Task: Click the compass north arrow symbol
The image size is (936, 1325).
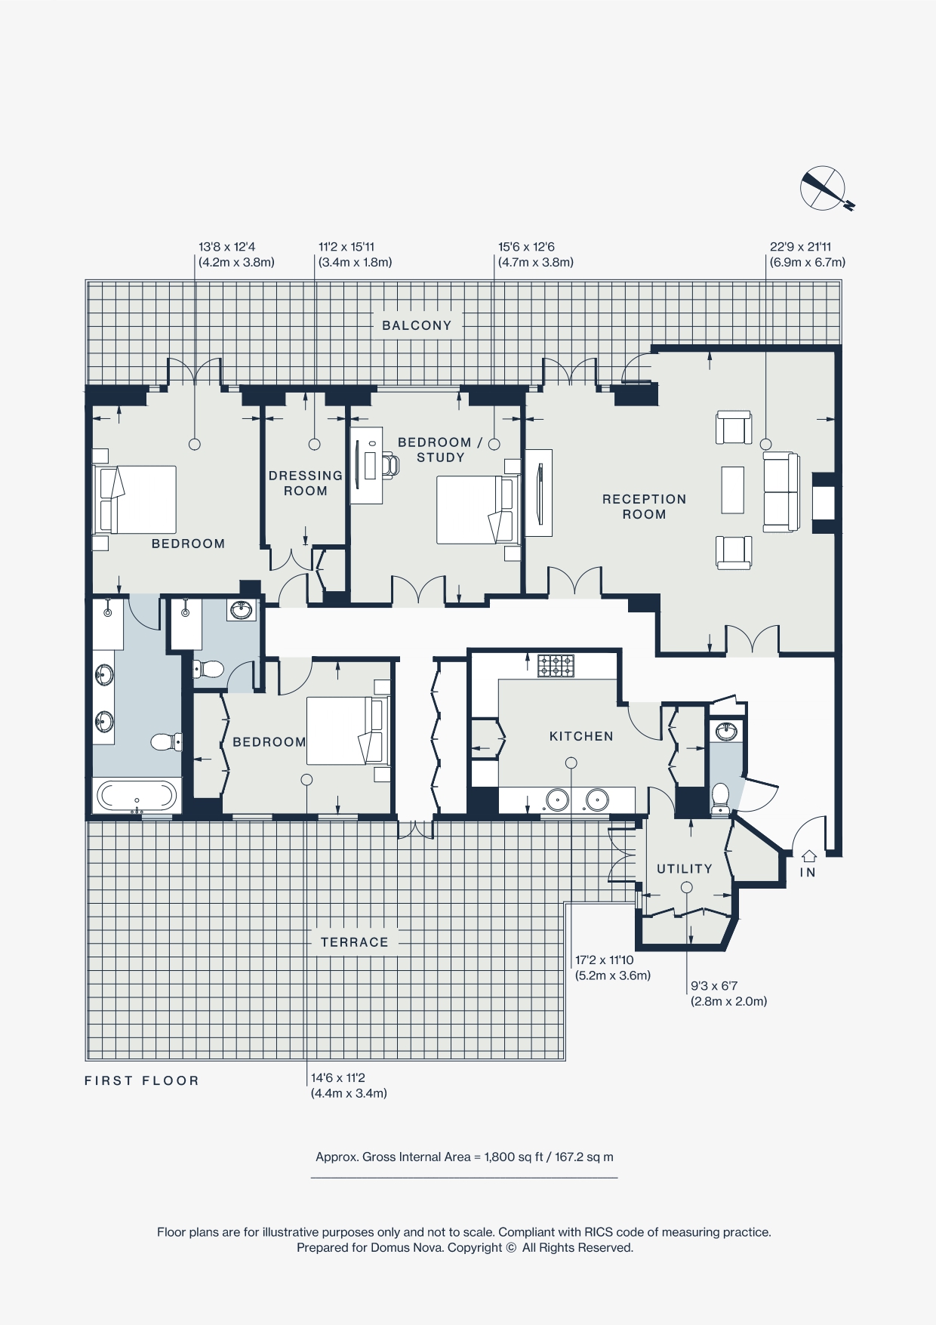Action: click(823, 187)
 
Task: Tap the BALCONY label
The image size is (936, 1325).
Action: click(417, 325)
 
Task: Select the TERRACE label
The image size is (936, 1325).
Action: click(354, 942)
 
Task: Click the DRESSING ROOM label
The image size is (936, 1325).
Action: click(306, 483)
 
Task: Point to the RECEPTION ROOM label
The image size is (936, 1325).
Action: click(644, 507)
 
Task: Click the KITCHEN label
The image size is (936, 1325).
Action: click(581, 736)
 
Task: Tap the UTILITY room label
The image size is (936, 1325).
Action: click(684, 869)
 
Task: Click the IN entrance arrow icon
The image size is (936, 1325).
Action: click(808, 856)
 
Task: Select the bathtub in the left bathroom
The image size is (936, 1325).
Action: click(137, 797)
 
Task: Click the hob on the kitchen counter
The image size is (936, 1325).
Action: click(556, 666)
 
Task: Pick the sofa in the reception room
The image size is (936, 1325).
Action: click(781, 492)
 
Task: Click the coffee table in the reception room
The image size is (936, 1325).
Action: click(732, 490)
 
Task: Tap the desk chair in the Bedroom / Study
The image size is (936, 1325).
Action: click(390, 465)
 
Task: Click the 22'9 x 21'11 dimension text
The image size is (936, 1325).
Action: click(800, 247)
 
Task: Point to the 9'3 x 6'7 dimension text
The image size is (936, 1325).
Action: click(714, 986)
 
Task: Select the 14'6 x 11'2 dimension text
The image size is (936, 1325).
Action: click(337, 1078)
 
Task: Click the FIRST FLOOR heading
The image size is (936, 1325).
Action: click(142, 1080)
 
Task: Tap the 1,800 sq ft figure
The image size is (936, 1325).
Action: click(513, 1157)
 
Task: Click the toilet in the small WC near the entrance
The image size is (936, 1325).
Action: click(720, 795)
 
